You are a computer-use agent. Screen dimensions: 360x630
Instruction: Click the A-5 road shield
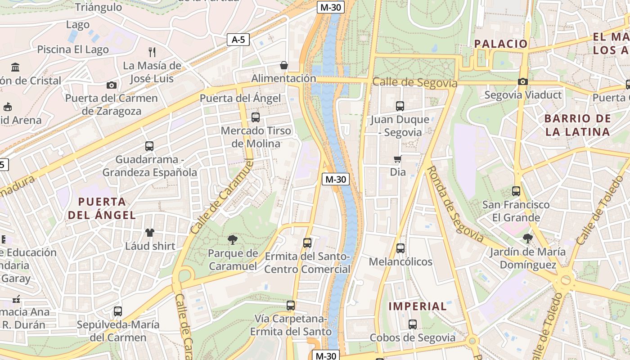tap(238, 40)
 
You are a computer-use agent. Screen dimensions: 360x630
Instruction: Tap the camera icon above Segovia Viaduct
tap(522, 81)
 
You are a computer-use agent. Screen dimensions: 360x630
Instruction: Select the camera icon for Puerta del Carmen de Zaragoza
tap(111, 85)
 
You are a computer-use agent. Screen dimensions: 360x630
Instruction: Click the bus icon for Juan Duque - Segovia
tap(400, 106)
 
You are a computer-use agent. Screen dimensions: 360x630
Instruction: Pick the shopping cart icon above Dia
tap(398, 159)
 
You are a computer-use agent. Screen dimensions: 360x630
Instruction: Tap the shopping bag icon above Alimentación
tap(284, 65)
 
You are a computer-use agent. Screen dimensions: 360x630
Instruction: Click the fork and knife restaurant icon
tap(152, 52)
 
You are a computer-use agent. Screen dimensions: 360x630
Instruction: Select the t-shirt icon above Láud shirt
tap(150, 233)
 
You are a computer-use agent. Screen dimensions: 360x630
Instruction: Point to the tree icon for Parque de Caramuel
tap(233, 239)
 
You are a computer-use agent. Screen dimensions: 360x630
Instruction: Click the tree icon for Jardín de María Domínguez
tap(528, 238)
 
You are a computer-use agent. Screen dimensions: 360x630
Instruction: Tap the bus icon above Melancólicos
tap(400, 248)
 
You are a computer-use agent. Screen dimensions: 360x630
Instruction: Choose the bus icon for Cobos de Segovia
tap(413, 324)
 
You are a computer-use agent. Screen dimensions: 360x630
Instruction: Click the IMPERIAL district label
tap(418, 306)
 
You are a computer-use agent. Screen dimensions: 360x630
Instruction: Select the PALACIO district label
tap(501, 44)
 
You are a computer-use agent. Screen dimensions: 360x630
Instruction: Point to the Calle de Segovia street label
tap(414, 83)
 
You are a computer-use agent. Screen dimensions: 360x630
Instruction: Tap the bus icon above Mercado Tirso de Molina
tap(256, 117)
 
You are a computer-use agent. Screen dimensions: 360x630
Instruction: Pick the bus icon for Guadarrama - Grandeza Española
tap(149, 146)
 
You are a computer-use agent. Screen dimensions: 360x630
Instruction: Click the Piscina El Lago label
tap(73, 49)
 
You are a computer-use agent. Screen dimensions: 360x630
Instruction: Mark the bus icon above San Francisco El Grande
tap(516, 191)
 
